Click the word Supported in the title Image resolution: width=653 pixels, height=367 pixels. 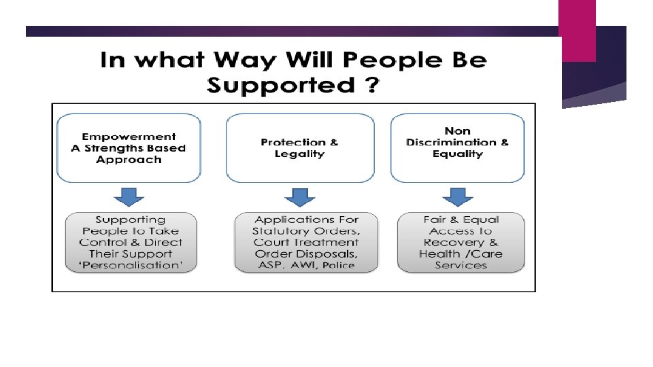pyautogui.click(x=280, y=86)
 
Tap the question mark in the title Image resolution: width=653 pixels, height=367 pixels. pyautogui.click(x=370, y=86)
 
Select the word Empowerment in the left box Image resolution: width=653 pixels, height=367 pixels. pyautogui.click(x=129, y=137)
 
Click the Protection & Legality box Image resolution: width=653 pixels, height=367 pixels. pyautogui.click(x=299, y=148)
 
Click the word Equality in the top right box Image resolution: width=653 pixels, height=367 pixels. pyautogui.click(x=457, y=154)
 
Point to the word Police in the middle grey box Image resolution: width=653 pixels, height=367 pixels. pyautogui.click(x=339, y=265)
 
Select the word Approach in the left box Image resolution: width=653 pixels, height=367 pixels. pyautogui.click(x=129, y=160)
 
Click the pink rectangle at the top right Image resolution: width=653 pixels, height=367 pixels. pyautogui.click(x=577, y=31)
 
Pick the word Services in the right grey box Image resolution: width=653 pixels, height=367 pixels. pyautogui.click(x=461, y=265)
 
